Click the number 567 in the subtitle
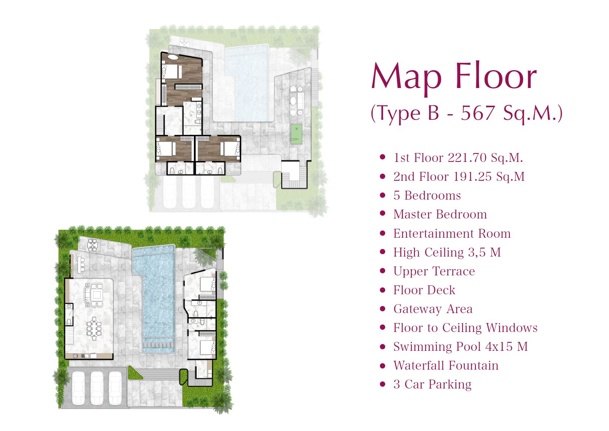477,113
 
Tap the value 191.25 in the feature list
472,177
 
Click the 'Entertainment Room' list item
452,234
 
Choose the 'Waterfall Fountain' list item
446,366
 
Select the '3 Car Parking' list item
432,384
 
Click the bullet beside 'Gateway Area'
383,309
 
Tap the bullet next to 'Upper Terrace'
383,271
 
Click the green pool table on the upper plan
296,134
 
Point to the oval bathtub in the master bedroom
173,57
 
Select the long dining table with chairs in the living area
94,329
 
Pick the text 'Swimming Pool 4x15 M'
461,347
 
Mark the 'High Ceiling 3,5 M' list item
447,252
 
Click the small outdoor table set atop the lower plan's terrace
92,245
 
